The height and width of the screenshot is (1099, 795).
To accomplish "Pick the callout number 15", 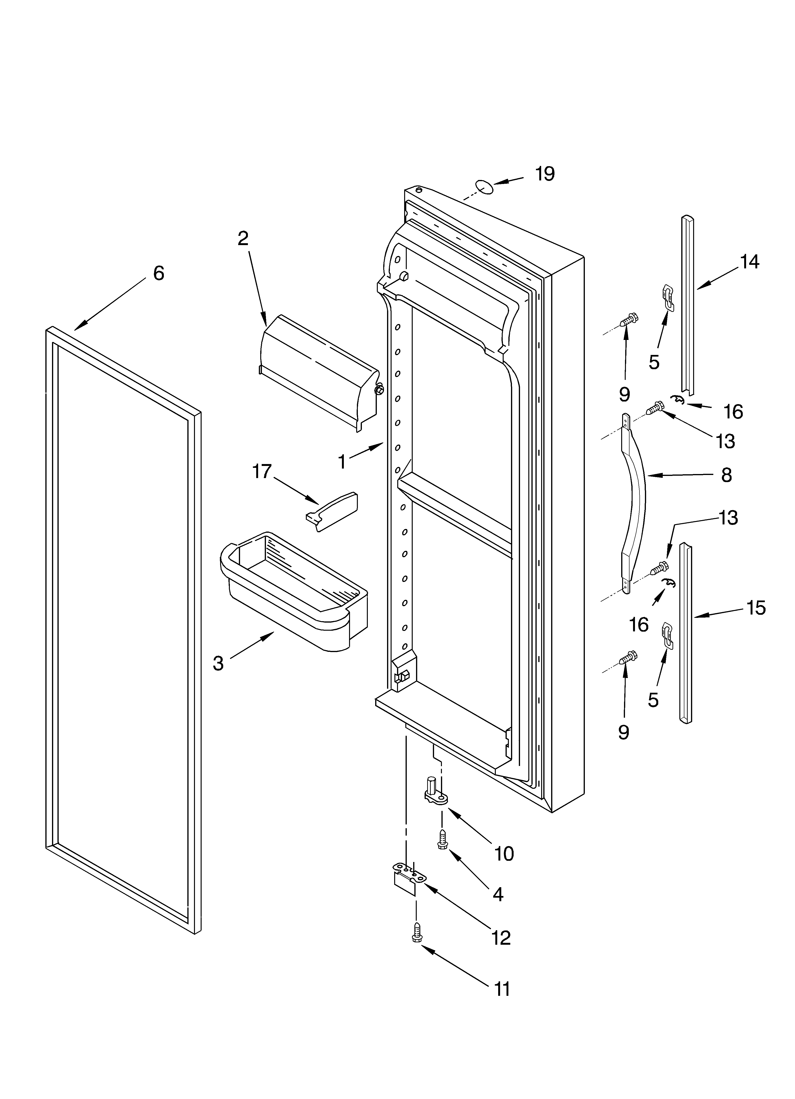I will point(756,608).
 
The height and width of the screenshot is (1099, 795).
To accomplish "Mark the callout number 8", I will point(726,475).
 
